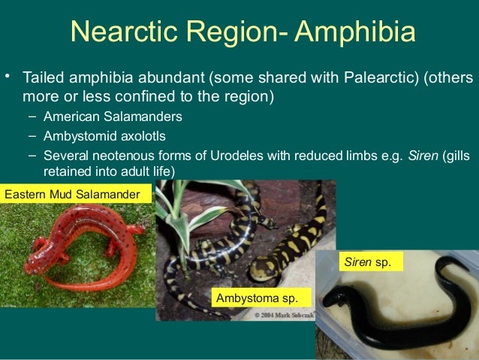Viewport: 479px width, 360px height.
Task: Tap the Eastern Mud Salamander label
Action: (73, 195)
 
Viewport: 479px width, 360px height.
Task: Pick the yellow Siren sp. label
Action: (370, 262)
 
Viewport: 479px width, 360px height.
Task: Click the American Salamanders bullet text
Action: (112, 117)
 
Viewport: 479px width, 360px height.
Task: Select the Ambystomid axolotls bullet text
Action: (105, 137)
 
